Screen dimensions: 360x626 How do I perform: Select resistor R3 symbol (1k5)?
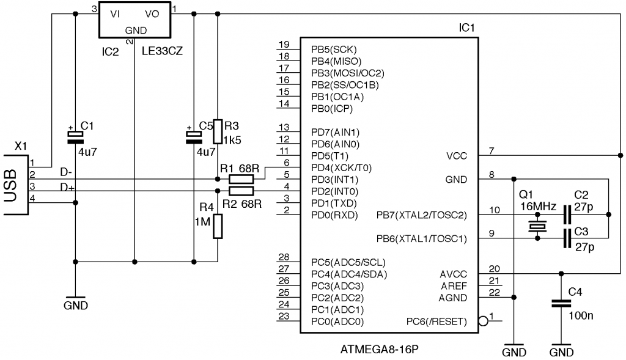coord(217,131)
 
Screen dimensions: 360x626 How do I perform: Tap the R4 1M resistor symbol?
coord(217,227)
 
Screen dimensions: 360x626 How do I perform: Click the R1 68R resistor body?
coord(241,179)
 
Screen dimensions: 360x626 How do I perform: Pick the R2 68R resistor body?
coord(241,191)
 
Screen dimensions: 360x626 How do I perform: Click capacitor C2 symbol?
coord(569,215)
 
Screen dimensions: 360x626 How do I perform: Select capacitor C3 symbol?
coord(569,239)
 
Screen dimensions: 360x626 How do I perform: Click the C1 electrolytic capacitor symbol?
coord(75,136)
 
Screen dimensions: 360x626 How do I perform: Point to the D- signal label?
coord(66,172)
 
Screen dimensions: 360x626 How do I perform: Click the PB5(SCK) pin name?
coord(333,49)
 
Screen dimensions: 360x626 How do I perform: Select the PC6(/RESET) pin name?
coord(436,321)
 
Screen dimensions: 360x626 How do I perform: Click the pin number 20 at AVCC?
coord(493,269)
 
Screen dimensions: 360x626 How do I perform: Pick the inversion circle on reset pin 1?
coord(483,321)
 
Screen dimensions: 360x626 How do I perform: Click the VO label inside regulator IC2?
coord(152,13)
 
